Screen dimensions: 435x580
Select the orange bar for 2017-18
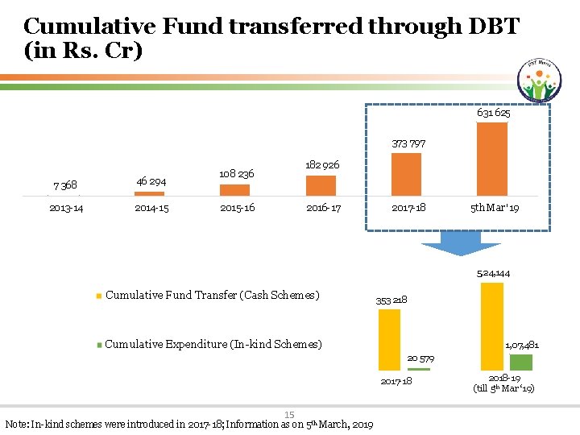pos(406,174)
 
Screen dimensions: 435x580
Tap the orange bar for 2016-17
pos(321,185)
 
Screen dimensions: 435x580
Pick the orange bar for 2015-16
pos(234,190)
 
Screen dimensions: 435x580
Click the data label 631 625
pos(493,113)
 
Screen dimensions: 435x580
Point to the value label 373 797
pos(407,143)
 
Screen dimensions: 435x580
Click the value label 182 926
pos(321,165)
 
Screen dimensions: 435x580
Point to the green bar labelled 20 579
pos(419,368)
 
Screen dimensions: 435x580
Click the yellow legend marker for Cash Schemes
pos(99,296)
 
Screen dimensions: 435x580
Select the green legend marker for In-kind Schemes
pos(99,345)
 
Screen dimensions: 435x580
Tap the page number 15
pos(289,415)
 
